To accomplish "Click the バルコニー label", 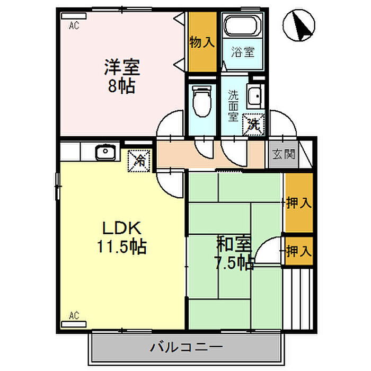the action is point(186,348).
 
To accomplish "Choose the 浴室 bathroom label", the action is point(242,52).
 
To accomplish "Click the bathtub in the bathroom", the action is point(242,25).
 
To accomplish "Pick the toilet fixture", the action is point(201,101).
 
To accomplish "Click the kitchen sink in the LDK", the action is point(104,153).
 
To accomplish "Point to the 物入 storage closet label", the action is point(202,42).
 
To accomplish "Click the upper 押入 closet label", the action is point(298,202).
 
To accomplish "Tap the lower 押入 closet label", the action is point(298,251).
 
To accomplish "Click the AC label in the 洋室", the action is point(74,24).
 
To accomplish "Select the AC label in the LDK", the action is point(74,316).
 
